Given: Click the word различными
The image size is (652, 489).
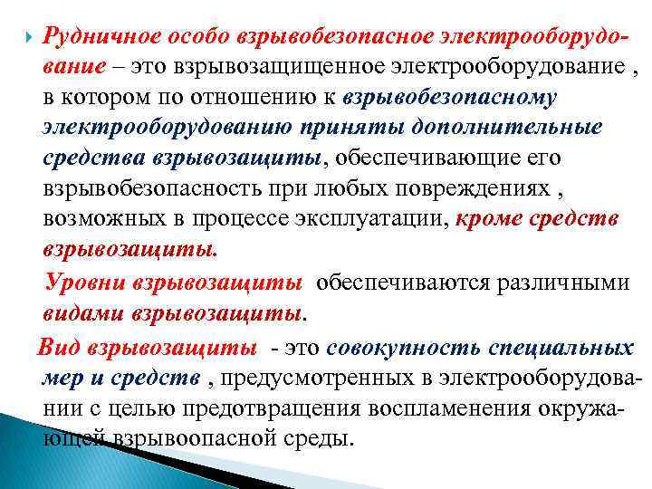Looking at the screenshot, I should point(569,283).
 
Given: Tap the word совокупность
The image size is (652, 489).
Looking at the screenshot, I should point(403,348).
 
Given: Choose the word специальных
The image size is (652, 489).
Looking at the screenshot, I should point(561,348).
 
